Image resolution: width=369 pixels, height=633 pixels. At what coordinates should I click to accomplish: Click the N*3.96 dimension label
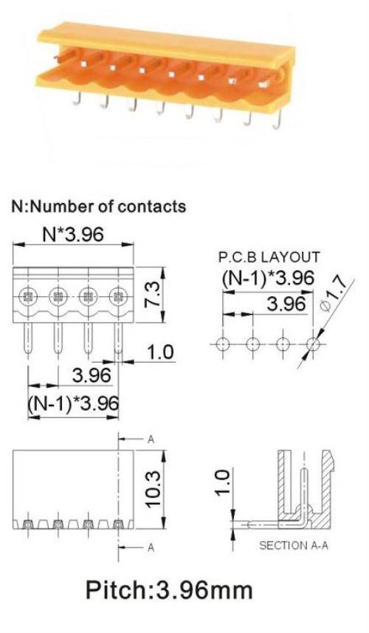(73, 234)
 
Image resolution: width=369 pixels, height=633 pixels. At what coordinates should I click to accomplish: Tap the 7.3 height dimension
(154, 295)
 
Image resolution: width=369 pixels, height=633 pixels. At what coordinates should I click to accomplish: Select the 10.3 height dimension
(154, 489)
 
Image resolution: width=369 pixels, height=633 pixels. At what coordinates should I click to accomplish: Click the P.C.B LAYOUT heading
(269, 257)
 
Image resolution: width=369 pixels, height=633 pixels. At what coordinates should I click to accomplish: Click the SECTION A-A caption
(294, 545)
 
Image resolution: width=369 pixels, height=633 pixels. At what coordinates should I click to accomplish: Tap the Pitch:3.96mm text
(169, 590)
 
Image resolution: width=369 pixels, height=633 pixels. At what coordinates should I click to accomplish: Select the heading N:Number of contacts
(99, 206)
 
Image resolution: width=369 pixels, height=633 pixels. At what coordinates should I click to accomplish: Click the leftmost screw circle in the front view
(27, 298)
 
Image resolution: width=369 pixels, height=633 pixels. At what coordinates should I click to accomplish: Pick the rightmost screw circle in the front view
(117, 298)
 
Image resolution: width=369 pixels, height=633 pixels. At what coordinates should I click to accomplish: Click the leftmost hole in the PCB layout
(223, 344)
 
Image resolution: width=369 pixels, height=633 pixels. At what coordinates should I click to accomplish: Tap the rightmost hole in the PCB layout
(313, 344)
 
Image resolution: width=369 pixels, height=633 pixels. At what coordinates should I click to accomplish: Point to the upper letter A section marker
(151, 439)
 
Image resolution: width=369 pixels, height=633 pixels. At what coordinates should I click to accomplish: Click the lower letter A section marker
(151, 547)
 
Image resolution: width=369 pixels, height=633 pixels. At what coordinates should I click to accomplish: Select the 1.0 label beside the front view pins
(159, 352)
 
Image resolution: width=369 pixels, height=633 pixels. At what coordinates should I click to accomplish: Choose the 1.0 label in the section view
(223, 482)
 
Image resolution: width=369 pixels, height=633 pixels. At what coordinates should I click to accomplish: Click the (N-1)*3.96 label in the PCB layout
(268, 278)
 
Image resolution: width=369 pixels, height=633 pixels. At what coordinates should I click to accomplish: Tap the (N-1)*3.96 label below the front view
(73, 403)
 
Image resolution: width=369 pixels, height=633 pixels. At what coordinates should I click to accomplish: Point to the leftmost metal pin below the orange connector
(77, 98)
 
